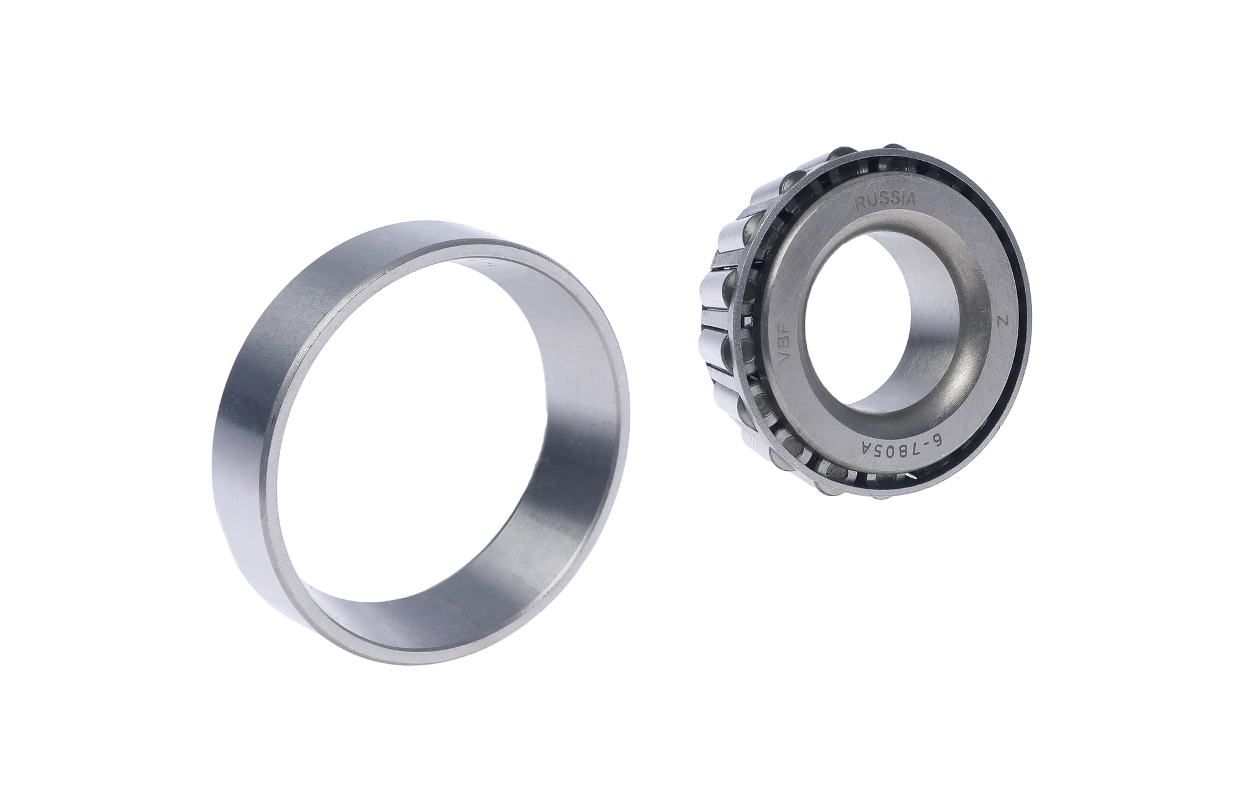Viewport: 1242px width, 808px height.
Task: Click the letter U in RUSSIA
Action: pos(871,201)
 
